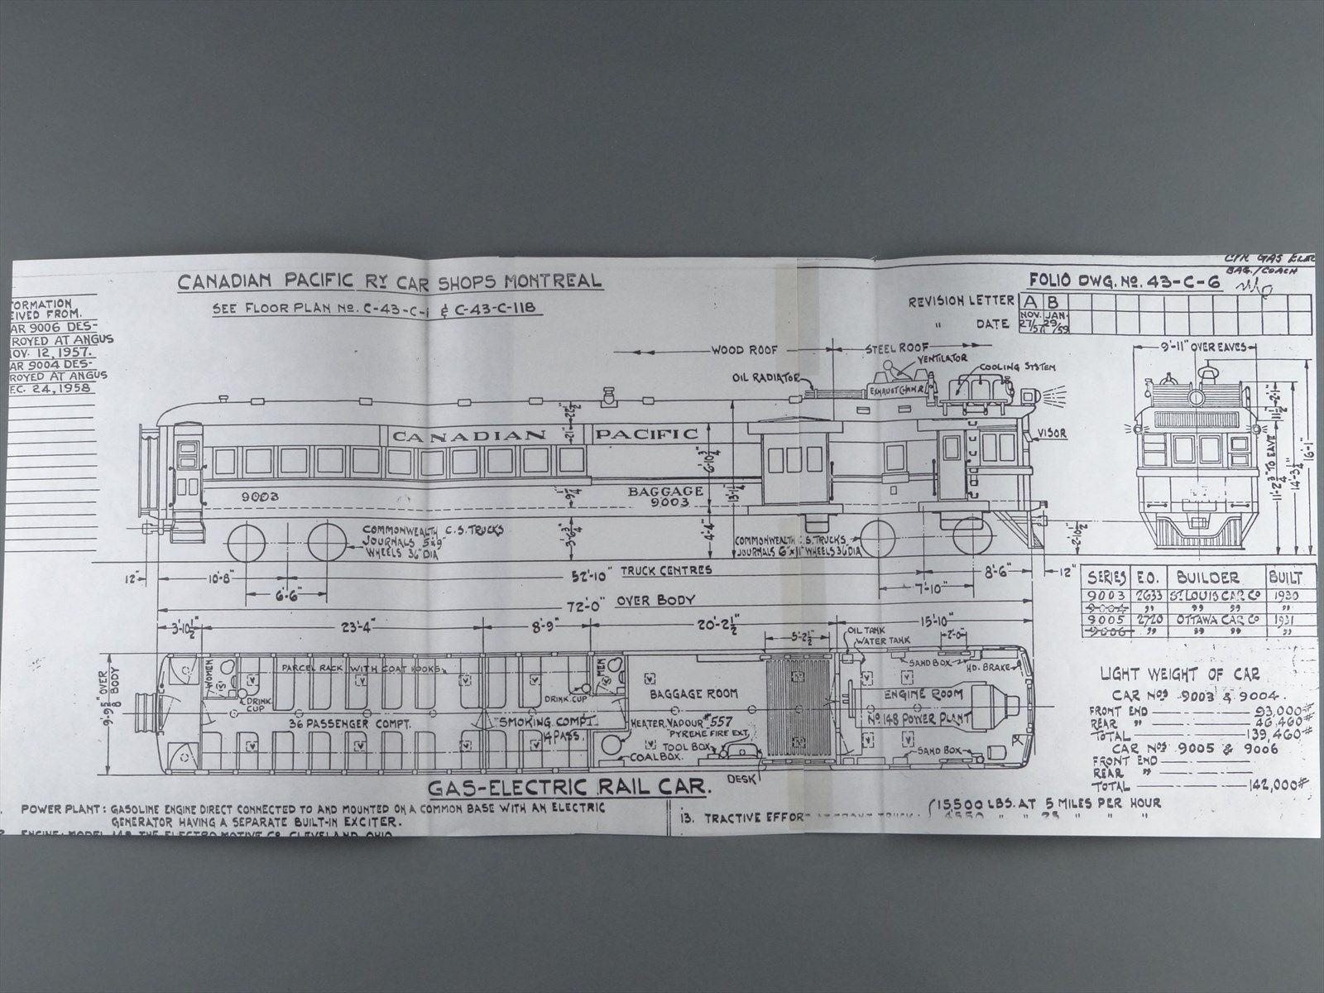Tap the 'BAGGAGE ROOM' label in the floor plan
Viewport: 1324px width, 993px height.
693,693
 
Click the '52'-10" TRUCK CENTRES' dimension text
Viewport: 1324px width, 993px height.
653,570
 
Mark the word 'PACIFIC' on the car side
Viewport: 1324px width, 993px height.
646,434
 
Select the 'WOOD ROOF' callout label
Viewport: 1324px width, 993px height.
740,350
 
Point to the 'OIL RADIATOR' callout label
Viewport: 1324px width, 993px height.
765,377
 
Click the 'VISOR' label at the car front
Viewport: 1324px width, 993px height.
1051,433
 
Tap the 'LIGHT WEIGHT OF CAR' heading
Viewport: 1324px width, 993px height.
1179,675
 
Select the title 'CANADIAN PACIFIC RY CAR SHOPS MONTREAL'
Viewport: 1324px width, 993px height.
390,282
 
